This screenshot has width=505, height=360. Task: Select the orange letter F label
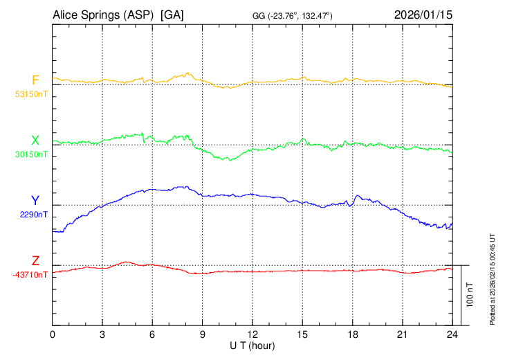pyautogui.click(x=35, y=80)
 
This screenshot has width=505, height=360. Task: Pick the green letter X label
pyautogui.click(x=35, y=141)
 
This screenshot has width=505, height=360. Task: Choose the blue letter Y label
pyautogui.click(x=35, y=200)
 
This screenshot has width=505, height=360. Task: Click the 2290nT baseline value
pyautogui.click(x=33, y=215)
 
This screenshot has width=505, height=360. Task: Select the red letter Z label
pyautogui.click(x=35, y=260)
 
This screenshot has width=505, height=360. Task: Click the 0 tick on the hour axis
pyautogui.click(x=53, y=334)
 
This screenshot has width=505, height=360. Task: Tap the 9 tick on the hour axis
pyautogui.click(x=203, y=334)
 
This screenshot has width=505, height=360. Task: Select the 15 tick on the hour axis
pyautogui.click(x=302, y=334)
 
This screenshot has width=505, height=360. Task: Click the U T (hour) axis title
pyautogui.click(x=252, y=345)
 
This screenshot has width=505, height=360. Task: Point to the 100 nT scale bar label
pyautogui.click(x=470, y=295)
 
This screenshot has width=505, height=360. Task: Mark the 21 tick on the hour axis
pyautogui.click(x=402, y=334)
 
